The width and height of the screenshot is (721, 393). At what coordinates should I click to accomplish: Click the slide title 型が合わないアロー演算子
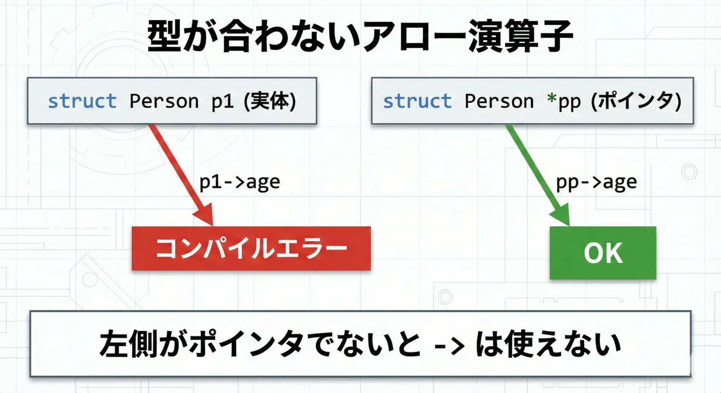(360, 36)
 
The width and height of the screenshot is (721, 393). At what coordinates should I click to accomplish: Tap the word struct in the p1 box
(82, 101)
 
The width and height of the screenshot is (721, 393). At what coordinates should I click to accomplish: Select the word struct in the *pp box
(417, 101)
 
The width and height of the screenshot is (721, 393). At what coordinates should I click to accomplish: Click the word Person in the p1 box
(164, 101)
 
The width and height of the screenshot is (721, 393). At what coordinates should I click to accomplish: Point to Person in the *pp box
(499, 101)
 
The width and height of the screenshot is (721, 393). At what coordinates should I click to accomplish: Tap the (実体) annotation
(270, 101)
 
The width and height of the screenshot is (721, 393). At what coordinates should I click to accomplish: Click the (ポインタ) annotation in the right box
(636, 101)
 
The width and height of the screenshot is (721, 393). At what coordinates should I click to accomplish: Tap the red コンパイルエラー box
(251, 248)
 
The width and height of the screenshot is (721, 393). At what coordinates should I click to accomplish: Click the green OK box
(603, 253)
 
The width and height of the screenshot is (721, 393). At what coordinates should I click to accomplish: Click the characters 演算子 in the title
(520, 36)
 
